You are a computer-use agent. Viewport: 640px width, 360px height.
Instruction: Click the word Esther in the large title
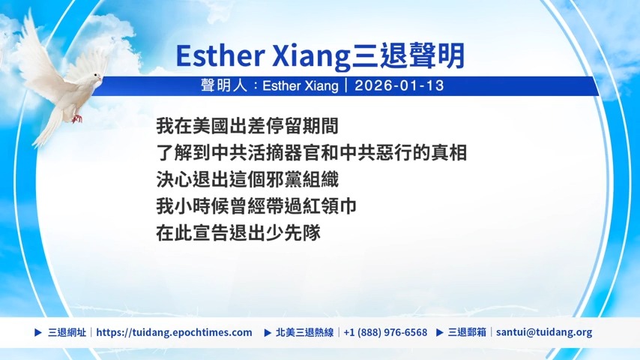(220, 55)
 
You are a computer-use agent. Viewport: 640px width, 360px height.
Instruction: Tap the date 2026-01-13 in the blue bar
(399, 85)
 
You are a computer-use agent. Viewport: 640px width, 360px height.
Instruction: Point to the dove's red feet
(76, 119)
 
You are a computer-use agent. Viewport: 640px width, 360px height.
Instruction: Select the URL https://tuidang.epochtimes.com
(175, 332)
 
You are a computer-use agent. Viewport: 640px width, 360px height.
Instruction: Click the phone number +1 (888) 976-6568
(385, 332)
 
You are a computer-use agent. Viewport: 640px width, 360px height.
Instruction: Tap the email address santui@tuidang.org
(544, 332)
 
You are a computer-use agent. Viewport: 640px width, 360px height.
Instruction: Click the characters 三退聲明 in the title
(408, 55)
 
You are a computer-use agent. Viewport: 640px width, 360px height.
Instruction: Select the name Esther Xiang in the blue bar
(301, 85)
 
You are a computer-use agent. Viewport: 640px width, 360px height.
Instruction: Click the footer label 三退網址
(67, 332)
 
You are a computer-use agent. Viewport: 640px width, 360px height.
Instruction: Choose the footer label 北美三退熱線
(304, 332)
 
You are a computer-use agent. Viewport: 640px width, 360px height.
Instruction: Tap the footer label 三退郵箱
(467, 332)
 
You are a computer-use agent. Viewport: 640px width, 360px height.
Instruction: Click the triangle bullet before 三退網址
(38, 332)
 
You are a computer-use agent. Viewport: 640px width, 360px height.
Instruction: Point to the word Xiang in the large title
(311, 55)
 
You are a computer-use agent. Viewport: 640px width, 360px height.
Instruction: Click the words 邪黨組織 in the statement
(303, 180)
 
